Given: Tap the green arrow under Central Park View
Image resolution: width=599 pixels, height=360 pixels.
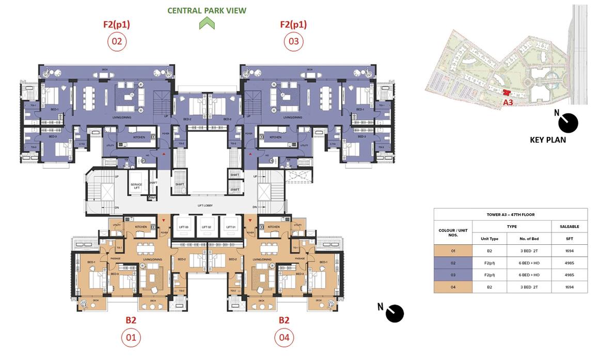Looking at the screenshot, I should point(207,23).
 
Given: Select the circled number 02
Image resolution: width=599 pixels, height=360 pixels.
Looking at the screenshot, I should point(117,41).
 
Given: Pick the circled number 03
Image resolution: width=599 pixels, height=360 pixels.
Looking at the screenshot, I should point(293,41).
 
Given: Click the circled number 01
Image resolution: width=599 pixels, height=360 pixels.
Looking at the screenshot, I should point(131,338).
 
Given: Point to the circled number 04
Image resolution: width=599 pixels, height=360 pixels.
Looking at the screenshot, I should point(284,338).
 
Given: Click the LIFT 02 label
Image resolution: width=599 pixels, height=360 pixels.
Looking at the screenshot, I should point(207,227).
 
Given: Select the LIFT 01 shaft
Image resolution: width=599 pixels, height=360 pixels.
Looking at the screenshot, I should point(230,227).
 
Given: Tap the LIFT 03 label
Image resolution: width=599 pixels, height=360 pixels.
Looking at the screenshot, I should point(183,227).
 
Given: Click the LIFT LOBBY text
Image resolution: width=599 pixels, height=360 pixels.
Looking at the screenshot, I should point(204,206).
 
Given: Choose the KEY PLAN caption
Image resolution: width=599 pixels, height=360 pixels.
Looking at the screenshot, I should point(548,140).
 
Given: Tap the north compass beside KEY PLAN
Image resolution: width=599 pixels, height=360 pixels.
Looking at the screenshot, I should point(569,123).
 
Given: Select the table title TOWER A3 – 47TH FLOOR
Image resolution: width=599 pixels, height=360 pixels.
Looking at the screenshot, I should point(510,214).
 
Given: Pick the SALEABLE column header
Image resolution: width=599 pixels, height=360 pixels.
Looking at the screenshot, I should point(569,226).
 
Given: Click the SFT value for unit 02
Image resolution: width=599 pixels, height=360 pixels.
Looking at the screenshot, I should point(569,263).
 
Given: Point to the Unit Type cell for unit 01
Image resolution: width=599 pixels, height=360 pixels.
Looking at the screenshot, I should point(489,251).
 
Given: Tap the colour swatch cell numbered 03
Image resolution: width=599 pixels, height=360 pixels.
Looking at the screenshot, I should point(453,275).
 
